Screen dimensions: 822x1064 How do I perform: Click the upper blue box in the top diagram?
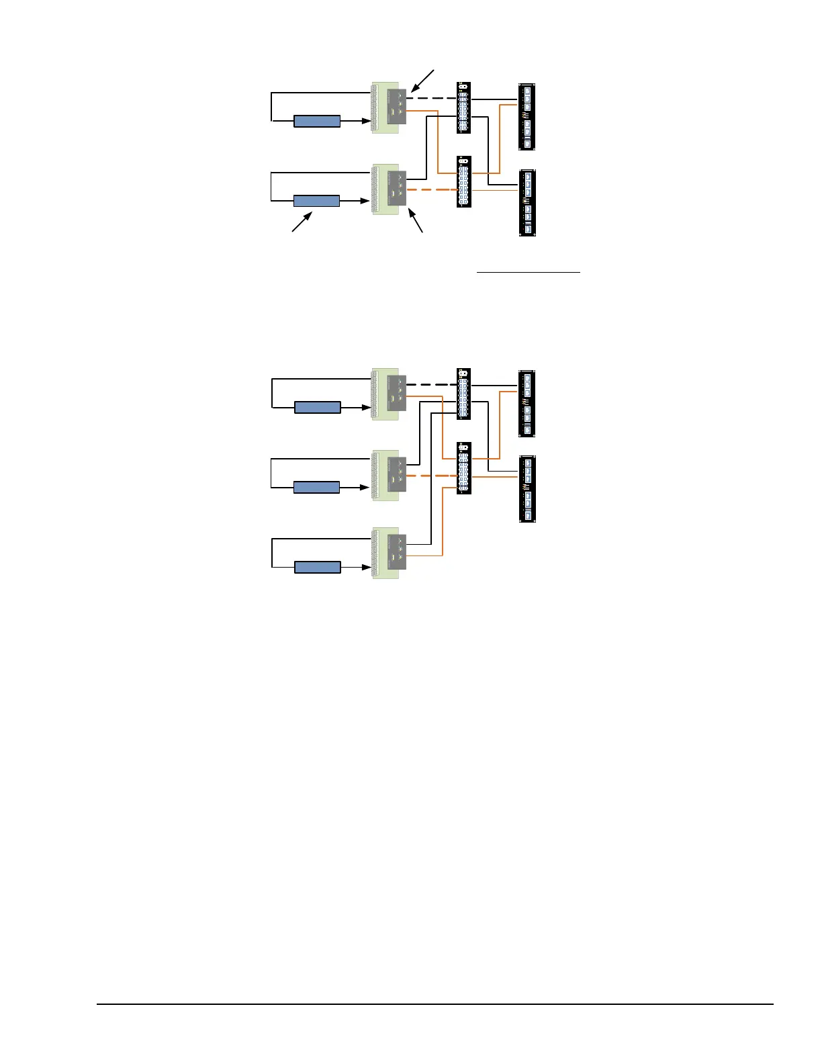click(x=317, y=122)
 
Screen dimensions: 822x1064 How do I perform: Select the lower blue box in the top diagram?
click(x=316, y=201)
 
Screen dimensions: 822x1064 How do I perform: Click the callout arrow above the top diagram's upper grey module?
click(x=423, y=81)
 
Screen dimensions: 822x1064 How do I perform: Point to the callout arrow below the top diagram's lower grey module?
click(x=416, y=222)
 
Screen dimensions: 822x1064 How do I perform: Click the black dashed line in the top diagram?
click(x=431, y=98)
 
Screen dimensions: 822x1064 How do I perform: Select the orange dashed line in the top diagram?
click(x=431, y=190)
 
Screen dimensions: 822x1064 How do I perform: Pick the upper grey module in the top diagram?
click(x=397, y=107)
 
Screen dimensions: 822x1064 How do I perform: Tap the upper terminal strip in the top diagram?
click(x=463, y=107)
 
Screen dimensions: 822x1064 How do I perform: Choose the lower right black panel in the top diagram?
click(x=527, y=203)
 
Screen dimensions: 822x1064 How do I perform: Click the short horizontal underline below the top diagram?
click(x=528, y=272)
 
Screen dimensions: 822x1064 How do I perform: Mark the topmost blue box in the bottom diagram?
click(x=318, y=407)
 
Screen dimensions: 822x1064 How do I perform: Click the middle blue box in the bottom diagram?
click(x=316, y=487)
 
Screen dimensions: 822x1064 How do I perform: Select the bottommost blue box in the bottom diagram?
click(x=318, y=567)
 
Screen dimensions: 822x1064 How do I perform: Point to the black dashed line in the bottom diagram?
click(x=431, y=385)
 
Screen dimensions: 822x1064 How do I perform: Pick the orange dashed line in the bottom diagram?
click(x=431, y=476)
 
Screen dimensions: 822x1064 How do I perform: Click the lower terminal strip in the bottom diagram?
click(x=463, y=468)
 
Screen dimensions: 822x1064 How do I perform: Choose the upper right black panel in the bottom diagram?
click(x=527, y=403)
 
